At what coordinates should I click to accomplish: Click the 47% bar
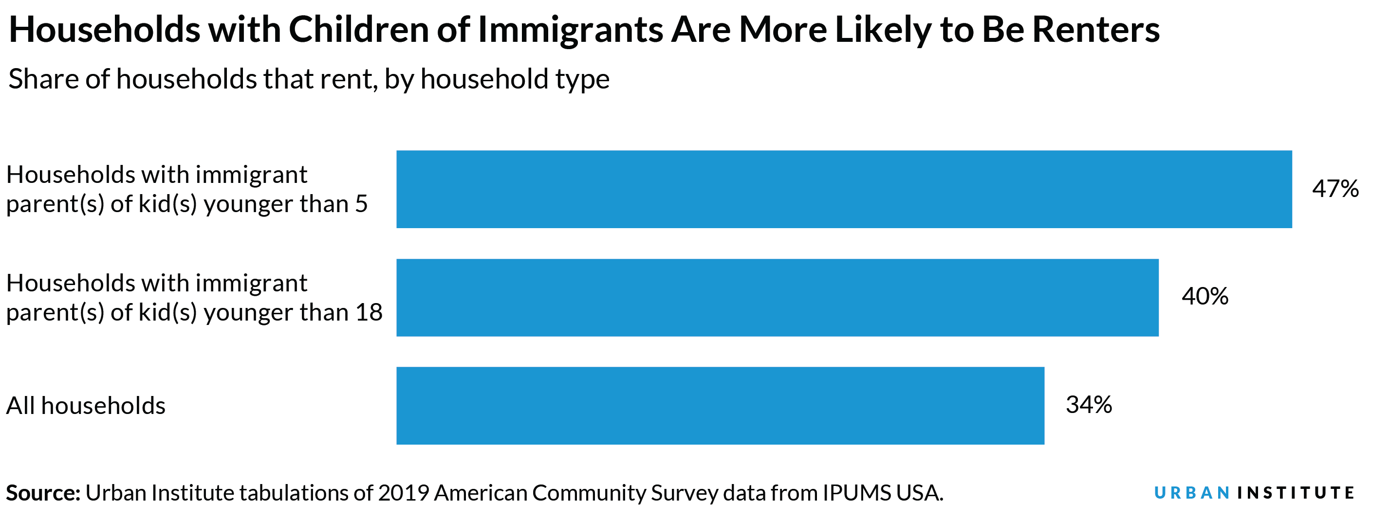point(844,189)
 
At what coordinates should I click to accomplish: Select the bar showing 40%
point(777,298)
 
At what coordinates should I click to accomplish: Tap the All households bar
point(720,406)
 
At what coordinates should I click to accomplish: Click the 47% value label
point(1335,189)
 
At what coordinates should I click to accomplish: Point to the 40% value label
point(1205,297)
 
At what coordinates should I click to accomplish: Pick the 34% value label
point(1088,405)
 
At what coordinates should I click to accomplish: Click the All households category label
point(85,406)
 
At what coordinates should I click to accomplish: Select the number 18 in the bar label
point(369,313)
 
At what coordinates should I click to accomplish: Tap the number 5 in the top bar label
point(361,204)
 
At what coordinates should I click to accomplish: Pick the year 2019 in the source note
point(403,493)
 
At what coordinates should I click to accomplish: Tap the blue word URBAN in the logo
point(1192,493)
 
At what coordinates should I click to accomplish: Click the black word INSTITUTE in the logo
point(1296,493)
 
